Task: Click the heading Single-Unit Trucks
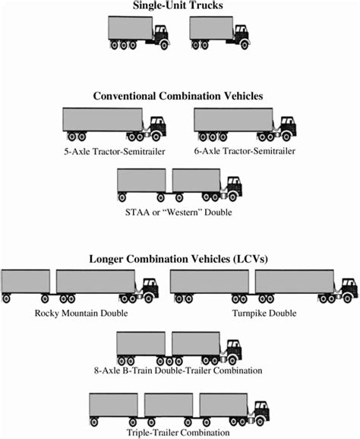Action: coord(179,7)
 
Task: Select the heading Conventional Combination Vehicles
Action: coord(179,96)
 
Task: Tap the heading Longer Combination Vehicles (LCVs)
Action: coord(179,259)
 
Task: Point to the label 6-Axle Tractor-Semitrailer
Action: coord(245,150)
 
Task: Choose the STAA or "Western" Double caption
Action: coord(180,212)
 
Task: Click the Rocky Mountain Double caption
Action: coord(81,313)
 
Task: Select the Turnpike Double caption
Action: coord(264,313)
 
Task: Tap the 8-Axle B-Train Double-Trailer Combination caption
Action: coord(180,371)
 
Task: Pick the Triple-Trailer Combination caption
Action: coord(180,432)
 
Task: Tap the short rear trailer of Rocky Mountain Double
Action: coord(25,281)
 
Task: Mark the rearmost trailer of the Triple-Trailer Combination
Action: coord(113,404)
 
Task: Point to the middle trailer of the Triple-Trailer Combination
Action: coord(169,404)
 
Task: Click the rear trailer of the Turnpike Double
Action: coord(209,281)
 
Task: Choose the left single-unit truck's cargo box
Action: coord(131,29)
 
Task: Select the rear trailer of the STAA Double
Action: coord(141,180)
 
